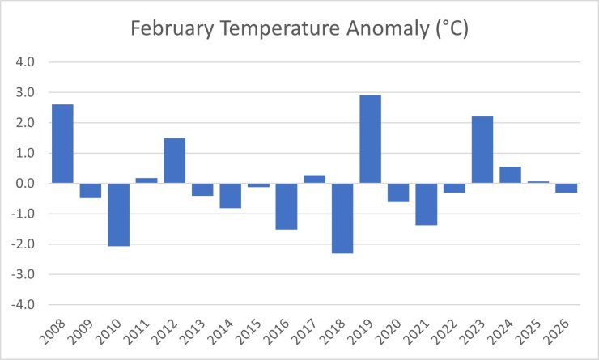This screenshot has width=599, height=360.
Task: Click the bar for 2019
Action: coord(370,139)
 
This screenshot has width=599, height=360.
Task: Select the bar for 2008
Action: coord(62,144)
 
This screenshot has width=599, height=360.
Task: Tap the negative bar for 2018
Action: coord(342,218)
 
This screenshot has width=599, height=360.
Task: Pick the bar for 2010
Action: coord(118,214)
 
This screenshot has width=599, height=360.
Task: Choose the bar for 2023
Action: coord(482,150)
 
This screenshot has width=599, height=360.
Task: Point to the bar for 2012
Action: coord(174,160)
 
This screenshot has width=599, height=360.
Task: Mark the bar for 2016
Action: coord(287,205)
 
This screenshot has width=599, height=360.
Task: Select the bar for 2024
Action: coord(510,175)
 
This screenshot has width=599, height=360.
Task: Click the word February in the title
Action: coord(174,31)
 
